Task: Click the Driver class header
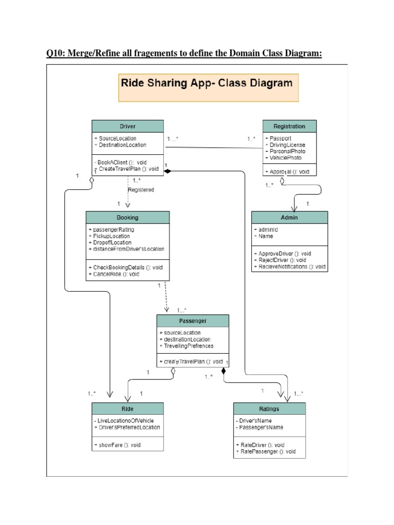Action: coord(128,126)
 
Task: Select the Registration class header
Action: coord(289,126)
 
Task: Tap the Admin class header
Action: coord(289,217)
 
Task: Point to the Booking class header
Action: coord(128,217)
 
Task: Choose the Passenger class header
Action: coord(192,321)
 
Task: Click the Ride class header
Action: coord(128,409)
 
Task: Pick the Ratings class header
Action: coord(269,409)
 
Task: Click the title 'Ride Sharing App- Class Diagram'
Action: coord(206,83)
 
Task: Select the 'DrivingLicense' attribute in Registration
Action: coord(286,145)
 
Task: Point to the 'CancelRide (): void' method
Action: coord(115,274)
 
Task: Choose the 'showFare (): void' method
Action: coord(117,445)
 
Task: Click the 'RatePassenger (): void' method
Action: coord(266,452)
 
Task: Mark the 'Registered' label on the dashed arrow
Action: coord(141,190)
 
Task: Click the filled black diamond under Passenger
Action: coord(224,371)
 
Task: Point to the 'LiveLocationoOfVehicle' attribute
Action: coord(125,421)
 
